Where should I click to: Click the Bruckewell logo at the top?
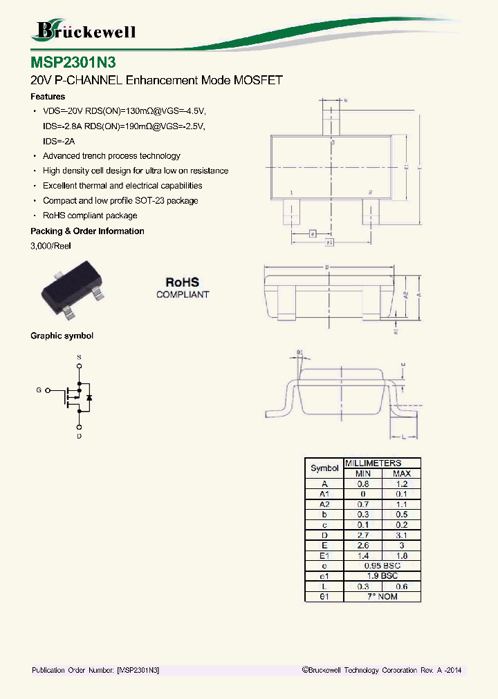[x=84, y=30]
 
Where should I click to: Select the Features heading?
[x=48, y=97]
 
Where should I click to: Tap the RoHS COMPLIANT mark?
[x=182, y=287]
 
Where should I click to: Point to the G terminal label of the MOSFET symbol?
[x=39, y=390]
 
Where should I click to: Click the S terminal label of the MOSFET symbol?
[x=79, y=356]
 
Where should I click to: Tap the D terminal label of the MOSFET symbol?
[x=79, y=437]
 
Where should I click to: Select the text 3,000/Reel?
[x=50, y=246]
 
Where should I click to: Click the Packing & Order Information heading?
[x=87, y=231]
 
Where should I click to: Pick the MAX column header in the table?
[x=401, y=474]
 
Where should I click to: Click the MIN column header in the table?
[x=363, y=474]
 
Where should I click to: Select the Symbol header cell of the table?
[x=324, y=468]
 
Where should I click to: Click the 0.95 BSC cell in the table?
[x=382, y=565]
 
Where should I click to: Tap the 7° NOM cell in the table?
[x=382, y=596]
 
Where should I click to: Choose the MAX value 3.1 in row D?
[x=401, y=535]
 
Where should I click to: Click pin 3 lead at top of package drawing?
[x=333, y=122]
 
